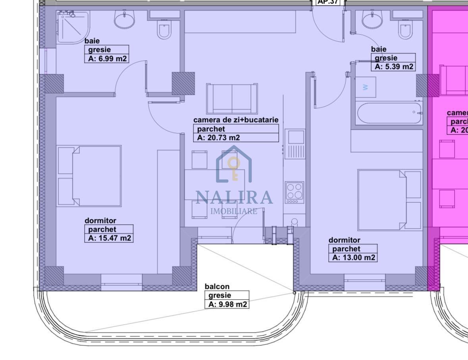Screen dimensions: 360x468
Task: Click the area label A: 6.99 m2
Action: click(107, 59)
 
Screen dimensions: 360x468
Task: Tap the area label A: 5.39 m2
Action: click(394, 67)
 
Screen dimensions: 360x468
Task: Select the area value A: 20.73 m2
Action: click(218, 138)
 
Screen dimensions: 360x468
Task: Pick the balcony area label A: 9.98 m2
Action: click(227, 304)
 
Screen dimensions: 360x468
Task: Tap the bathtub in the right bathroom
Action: click(389, 113)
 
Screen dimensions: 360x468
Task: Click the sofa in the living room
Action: click(232, 98)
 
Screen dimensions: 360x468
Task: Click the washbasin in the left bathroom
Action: click(125, 19)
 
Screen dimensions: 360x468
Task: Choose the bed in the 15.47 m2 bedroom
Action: click(90, 176)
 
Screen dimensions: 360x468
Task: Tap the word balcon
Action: click(217, 286)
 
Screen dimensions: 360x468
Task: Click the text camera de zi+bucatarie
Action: click(236, 119)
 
